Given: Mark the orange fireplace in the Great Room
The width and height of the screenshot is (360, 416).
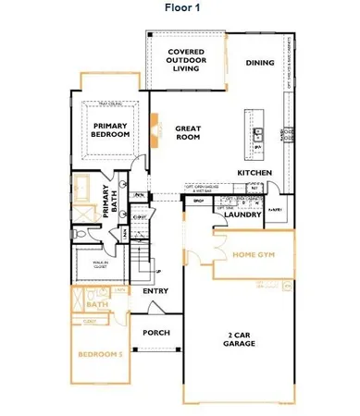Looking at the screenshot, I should coord(156,129).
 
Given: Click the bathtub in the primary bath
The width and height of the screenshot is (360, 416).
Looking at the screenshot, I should coord(86,188).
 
